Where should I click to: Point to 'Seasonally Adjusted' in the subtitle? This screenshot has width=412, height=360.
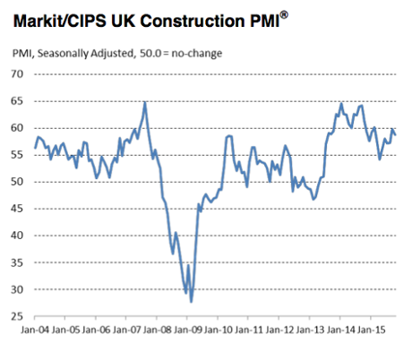pyautogui.click(x=87, y=54)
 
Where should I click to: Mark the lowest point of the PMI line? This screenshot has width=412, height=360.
pyautogui.click(x=191, y=302)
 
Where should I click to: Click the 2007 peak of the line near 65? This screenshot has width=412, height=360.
pyautogui.click(x=144, y=103)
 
